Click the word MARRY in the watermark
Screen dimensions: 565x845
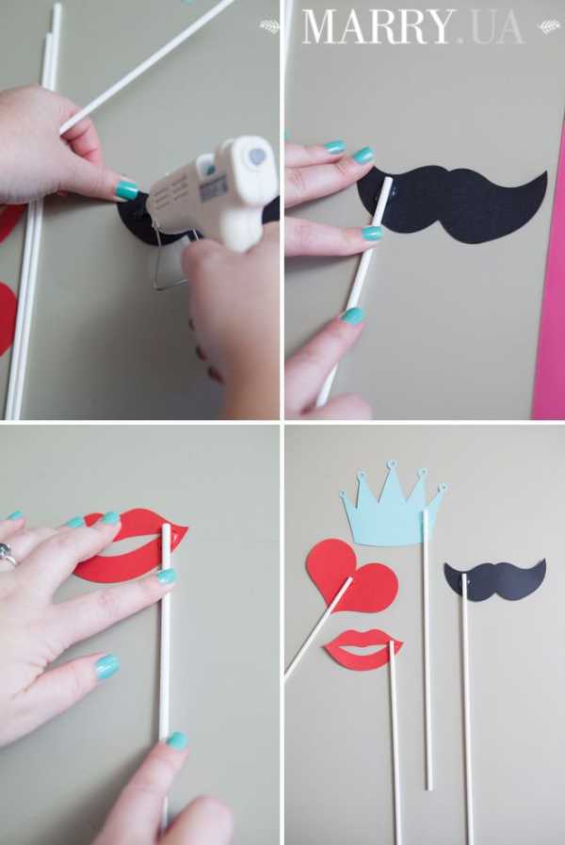pos(377,27)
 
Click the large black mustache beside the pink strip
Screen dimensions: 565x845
pos(452,204)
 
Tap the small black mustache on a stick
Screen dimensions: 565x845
pos(495,580)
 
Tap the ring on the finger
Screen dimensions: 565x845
pos(7,554)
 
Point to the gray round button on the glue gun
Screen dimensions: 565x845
pos(257,156)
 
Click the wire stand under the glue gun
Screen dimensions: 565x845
pos(172,264)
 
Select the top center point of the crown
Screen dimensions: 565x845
pos(392,463)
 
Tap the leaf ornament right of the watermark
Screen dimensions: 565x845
pos(549,26)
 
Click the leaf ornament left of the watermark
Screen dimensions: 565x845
pos(269,26)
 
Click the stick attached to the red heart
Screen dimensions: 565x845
pos(317,627)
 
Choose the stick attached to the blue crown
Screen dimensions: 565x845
pos(428,649)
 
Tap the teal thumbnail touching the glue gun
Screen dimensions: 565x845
pos(127,190)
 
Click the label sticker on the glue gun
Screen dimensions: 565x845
pos(214,189)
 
